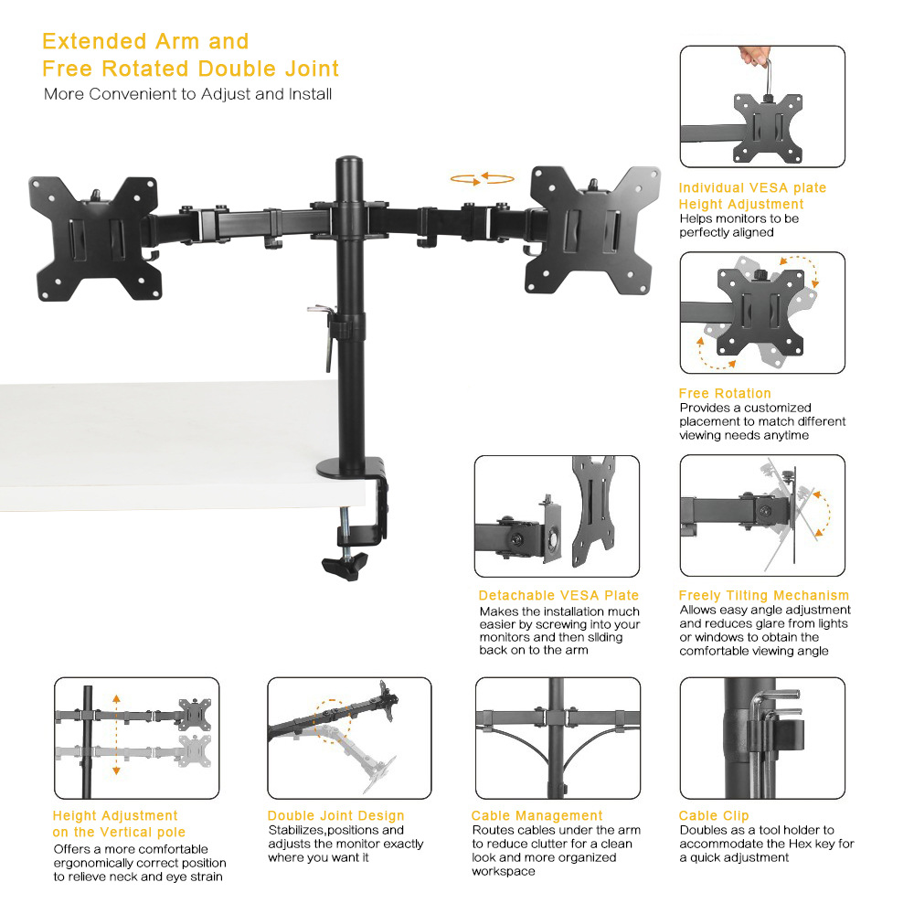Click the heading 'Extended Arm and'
pyautogui.click(x=145, y=41)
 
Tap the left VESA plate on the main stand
pyautogui.click(x=95, y=239)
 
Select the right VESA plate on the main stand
pyautogui.click(x=593, y=230)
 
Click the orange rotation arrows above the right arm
pyautogui.click(x=482, y=179)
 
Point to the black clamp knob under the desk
pyautogui.click(x=345, y=566)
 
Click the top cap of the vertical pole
pyautogui.click(x=349, y=162)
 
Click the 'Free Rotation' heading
pyautogui.click(x=725, y=393)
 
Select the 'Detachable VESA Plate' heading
pyautogui.click(x=558, y=595)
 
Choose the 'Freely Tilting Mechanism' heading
pyautogui.click(x=763, y=595)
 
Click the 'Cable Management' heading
pyautogui.click(x=537, y=815)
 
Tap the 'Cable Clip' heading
pyautogui.click(x=714, y=815)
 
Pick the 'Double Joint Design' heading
pyautogui.click(x=335, y=815)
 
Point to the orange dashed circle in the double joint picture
pyautogui.click(x=333, y=720)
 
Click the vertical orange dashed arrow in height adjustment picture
pyautogui.click(x=117, y=735)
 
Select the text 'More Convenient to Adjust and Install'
pyautogui.click(x=187, y=94)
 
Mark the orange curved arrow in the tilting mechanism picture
pyautogui.click(x=824, y=513)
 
